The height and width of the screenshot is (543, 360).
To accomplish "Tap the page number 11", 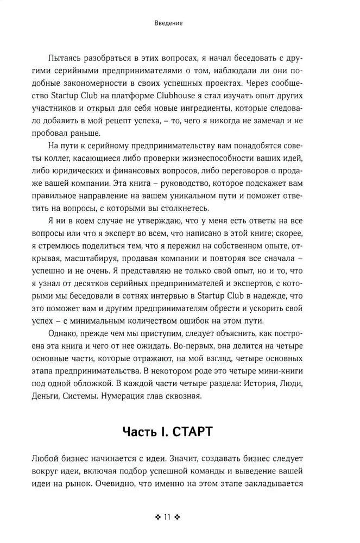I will pyautogui.click(x=167, y=517).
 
